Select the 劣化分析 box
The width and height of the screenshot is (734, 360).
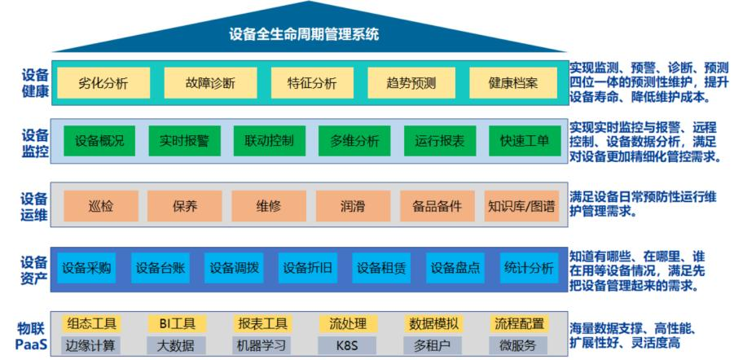pyautogui.click(x=103, y=83)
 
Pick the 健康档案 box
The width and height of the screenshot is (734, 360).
pyautogui.click(x=513, y=83)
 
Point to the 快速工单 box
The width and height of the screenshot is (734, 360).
pyautogui.click(x=525, y=141)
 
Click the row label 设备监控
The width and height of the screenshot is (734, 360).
pyautogui.click(x=34, y=141)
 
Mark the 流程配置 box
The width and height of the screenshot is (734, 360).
pyautogui.click(x=519, y=324)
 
